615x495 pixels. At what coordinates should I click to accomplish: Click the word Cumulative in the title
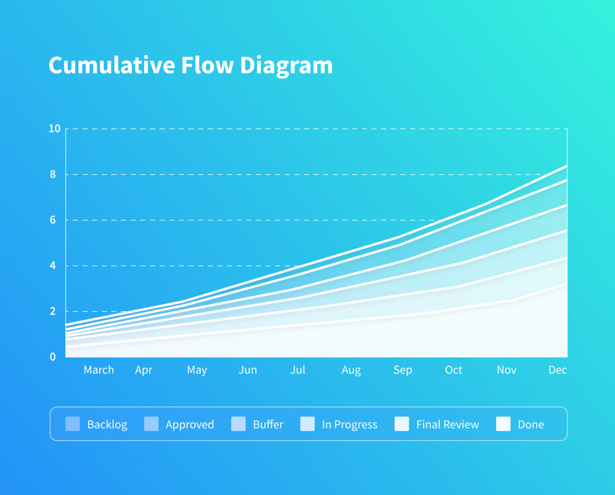pyautogui.click(x=112, y=65)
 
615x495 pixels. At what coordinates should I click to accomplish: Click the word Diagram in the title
pyautogui.click(x=286, y=65)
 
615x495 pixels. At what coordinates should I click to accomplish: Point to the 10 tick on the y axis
pyautogui.click(x=54, y=129)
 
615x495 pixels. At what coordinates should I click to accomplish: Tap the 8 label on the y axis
pyautogui.click(x=53, y=174)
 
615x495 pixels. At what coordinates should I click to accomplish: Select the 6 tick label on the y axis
pyautogui.click(x=53, y=220)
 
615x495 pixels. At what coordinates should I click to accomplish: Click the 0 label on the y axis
pyautogui.click(x=53, y=357)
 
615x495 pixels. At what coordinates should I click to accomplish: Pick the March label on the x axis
pyautogui.click(x=99, y=370)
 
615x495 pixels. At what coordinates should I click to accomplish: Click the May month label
pyautogui.click(x=197, y=370)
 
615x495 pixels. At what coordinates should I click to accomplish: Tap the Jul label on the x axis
pyautogui.click(x=298, y=370)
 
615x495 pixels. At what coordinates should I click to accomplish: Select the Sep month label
pyautogui.click(x=403, y=370)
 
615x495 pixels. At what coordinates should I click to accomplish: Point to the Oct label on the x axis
pyautogui.click(x=454, y=370)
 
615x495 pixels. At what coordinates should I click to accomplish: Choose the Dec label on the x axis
pyautogui.click(x=558, y=370)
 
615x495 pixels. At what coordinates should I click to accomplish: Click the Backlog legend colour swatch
pyautogui.click(x=73, y=424)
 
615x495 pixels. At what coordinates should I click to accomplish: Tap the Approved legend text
pyautogui.click(x=190, y=425)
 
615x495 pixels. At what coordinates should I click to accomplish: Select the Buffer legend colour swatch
pyautogui.click(x=238, y=424)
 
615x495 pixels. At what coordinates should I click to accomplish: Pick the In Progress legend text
pyautogui.click(x=350, y=425)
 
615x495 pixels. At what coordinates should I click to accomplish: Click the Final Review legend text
pyautogui.click(x=447, y=425)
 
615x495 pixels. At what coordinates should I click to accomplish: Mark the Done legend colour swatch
pyautogui.click(x=503, y=424)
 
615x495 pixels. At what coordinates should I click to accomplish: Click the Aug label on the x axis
pyautogui.click(x=351, y=370)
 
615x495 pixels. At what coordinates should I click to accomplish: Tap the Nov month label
pyautogui.click(x=506, y=370)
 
